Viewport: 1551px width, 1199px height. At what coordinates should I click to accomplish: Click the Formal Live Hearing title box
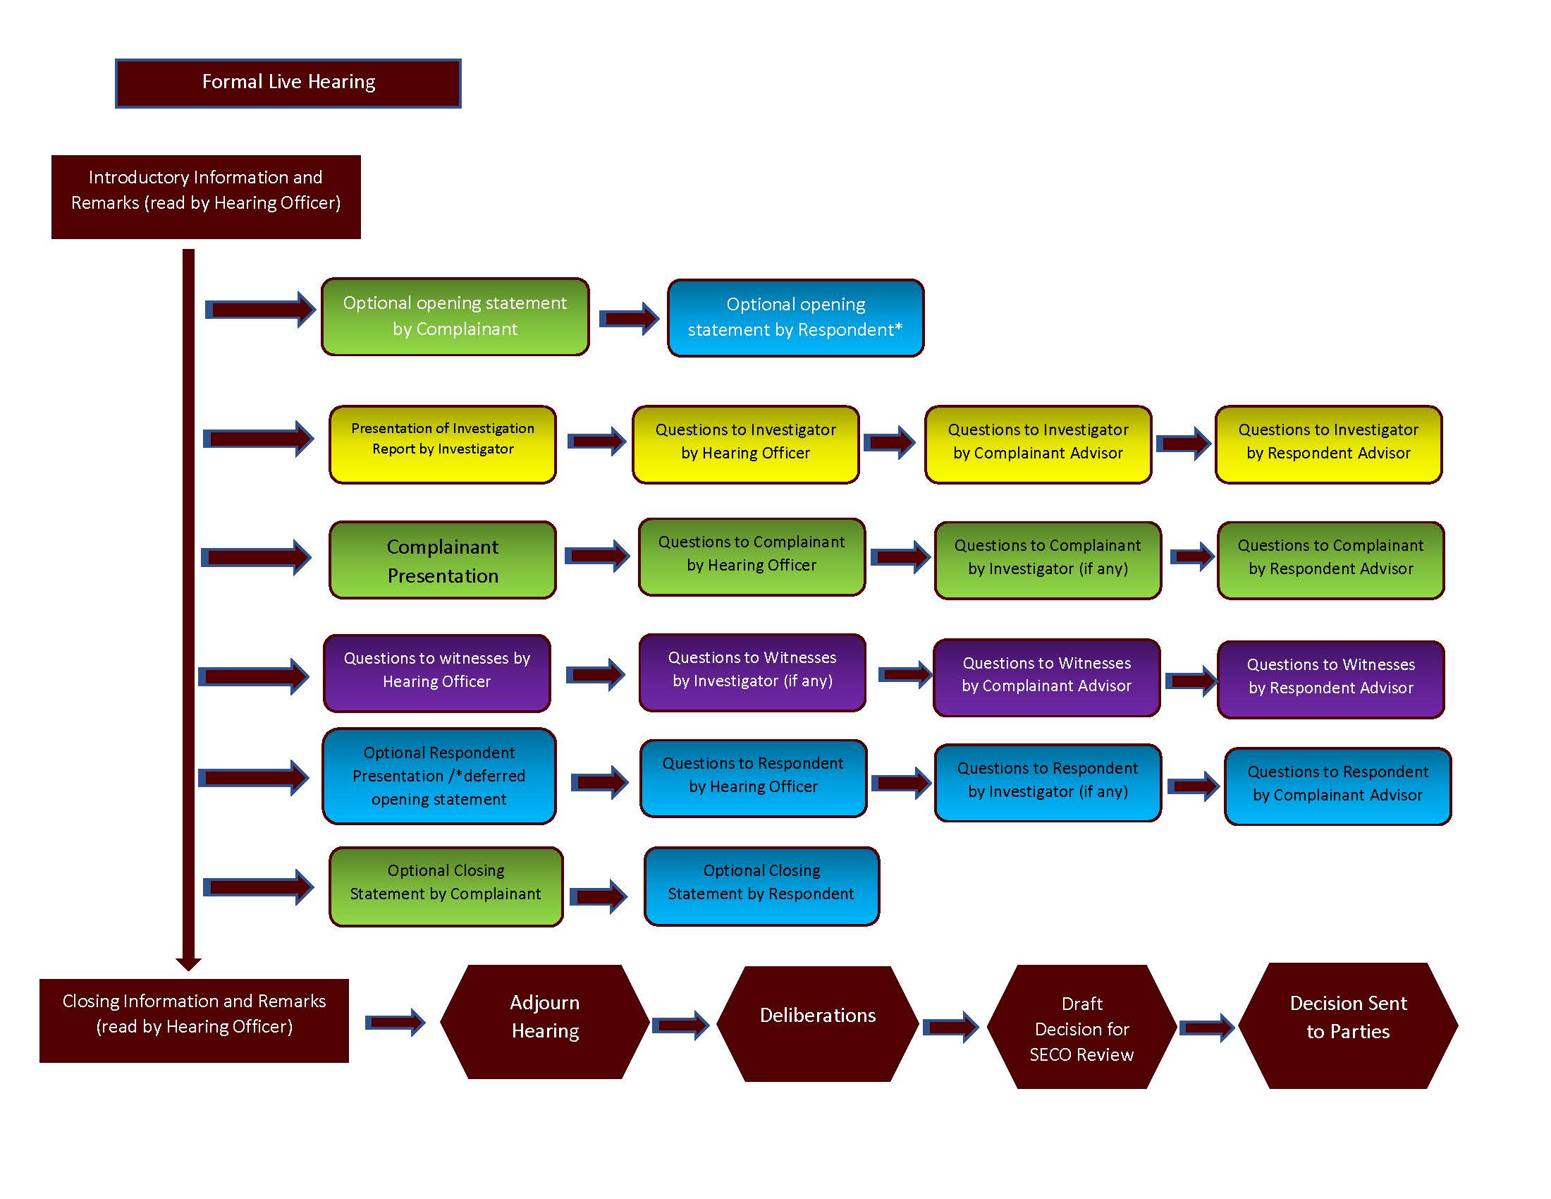coord(288,83)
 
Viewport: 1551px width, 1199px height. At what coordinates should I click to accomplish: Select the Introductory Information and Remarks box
coord(206,197)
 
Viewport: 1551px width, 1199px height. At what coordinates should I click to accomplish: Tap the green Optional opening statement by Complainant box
coord(455,317)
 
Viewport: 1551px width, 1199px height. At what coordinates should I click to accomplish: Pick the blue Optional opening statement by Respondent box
coord(795,318)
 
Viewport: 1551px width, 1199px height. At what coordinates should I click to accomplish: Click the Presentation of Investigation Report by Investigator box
coord(443,444)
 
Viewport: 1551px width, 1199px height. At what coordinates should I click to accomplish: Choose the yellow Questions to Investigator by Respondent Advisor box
coord(1328,444)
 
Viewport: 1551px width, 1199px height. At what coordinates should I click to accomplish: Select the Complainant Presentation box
coord(443,561)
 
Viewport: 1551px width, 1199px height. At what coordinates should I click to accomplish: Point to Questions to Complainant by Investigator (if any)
coord(1048,561)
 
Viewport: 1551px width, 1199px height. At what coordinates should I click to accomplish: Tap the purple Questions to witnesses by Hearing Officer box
coord(437,674)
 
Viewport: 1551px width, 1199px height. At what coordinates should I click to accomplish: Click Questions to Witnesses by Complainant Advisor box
coord(1046,678)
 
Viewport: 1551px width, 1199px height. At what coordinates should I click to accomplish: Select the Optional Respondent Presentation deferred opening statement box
coord(439,777)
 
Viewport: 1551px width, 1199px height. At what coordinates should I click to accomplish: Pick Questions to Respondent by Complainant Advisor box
coord(1337,786)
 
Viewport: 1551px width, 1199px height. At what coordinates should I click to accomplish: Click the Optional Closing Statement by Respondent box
coord(761,886)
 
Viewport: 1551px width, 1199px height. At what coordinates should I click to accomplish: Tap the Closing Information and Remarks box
coord(194,1021)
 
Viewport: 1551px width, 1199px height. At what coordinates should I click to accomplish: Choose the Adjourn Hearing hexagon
coord(545,1021)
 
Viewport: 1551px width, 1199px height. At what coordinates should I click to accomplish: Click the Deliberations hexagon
coord(817,1023)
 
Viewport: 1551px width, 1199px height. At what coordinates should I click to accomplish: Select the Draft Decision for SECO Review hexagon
coord(1081,1026)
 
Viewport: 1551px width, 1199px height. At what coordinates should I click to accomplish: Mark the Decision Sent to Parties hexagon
coord(1347,1025)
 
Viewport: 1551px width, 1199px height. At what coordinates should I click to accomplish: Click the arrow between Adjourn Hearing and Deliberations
coord(680,1025)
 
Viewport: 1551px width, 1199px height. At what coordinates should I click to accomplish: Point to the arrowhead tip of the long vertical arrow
coord(188,968)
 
